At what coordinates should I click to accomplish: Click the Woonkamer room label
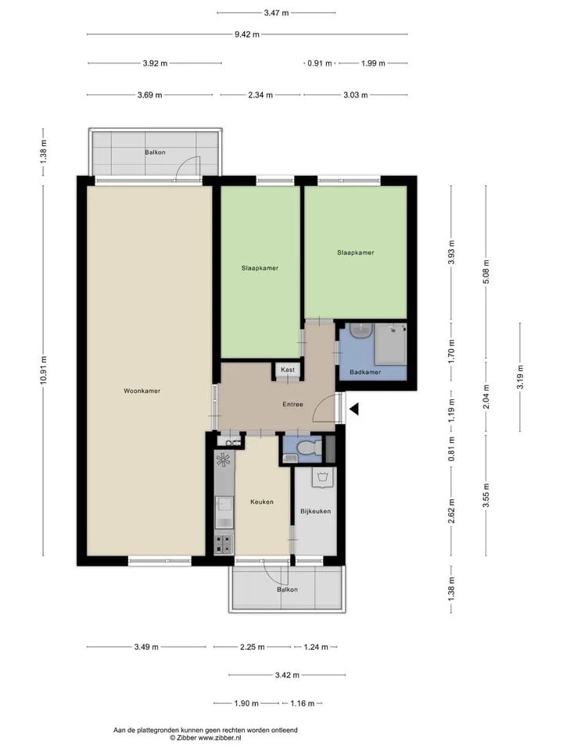pos(142,391)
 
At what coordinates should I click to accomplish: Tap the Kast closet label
pos(288,370)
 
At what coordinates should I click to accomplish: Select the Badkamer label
pos(365,372)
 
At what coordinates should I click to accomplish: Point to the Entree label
pos(292,404)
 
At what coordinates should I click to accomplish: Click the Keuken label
pos(262,502)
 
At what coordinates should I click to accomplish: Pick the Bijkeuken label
pos(315,511)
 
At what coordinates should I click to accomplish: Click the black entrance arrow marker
pos(354,409)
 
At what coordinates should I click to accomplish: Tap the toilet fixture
pos(309,448)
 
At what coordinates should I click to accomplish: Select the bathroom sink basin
pos(361,330)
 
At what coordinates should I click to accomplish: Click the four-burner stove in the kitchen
pos(223,544)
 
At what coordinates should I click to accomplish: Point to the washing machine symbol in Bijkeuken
pos(324,477)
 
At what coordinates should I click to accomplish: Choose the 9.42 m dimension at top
pos(247,34)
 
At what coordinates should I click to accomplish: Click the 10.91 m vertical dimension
pos(44,370)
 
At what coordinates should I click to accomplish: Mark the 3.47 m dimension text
pos(276,13)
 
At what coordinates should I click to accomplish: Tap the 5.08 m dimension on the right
pos(486,272)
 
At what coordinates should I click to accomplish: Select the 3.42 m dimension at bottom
pos(287,675)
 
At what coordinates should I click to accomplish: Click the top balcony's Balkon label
pos(155,152)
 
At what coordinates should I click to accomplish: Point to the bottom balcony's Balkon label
pos(287,590)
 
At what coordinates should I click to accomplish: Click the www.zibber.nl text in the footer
pos(220,738)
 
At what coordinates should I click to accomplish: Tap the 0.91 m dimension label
pos(320,63)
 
